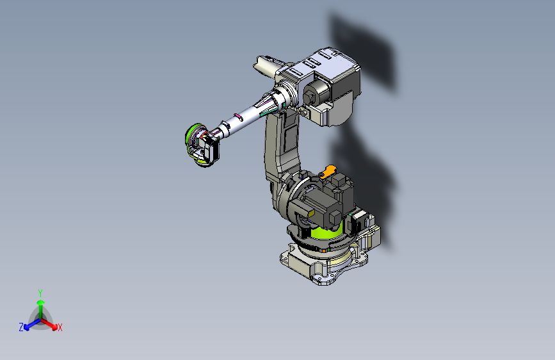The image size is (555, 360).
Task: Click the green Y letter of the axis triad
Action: [40, 293]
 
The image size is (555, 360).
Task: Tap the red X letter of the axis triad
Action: [60, 327]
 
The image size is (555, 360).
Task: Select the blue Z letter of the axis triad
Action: [21, 327]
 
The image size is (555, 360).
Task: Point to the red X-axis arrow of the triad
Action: [49, 324]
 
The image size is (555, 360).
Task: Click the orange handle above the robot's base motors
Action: [328, 171]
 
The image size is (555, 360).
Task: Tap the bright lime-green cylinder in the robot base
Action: [326, 232]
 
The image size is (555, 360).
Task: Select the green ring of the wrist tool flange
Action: [192, 141]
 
